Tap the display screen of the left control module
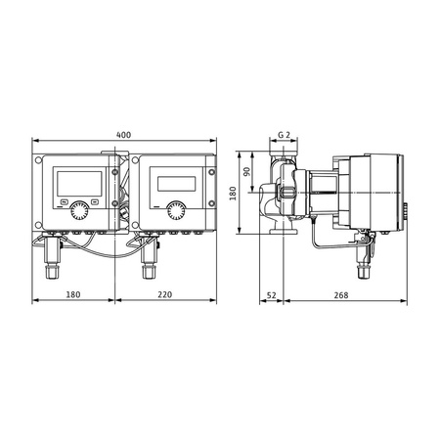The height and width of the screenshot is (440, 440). [76, 182]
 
